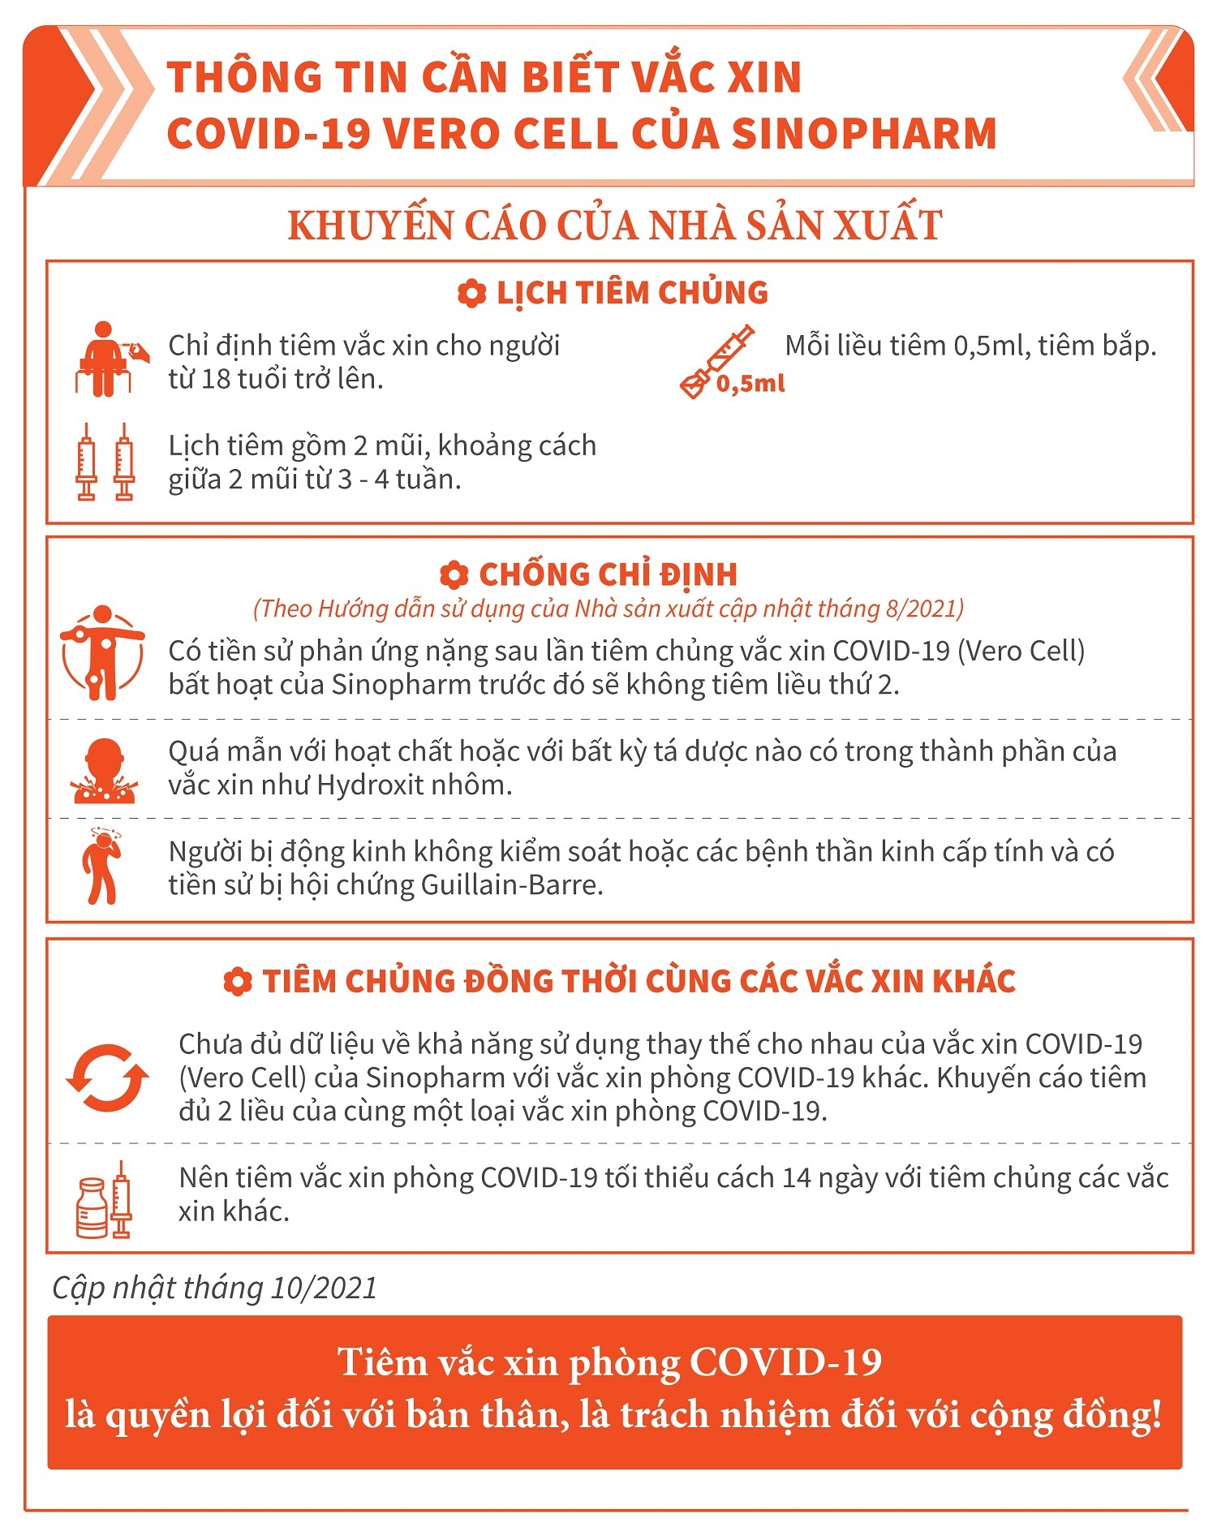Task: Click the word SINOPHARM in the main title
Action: pyautogui.click(x=864, y=134)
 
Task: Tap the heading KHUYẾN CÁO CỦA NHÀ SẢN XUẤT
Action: pyautogui.click(x=614, y=226)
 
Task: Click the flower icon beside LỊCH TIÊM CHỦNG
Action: pyautogui.click(x=471, y=294)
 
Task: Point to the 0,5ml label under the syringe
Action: pyautogui.click(x=750, y=384)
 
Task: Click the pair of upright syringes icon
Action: pyautogui.click(x=105, y=462)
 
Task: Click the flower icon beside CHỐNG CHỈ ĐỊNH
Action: pyautogui.click(x=454, y=575)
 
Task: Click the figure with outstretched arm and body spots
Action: pyautogui.click(x=102, y=652)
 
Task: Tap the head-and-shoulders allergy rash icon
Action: pyautogui.click(x=104, y=771)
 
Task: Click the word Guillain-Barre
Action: pyautogui.click(x=512, y=885)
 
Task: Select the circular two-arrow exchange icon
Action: pyautogui.click(x=107, y=1078)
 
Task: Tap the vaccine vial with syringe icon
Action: pyautogui.click(x=104, y=1200)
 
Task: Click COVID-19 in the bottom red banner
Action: pyautogui.click(x=785, y=1362)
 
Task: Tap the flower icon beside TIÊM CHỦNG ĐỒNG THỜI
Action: pyautogui.click(x=237, y=982)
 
